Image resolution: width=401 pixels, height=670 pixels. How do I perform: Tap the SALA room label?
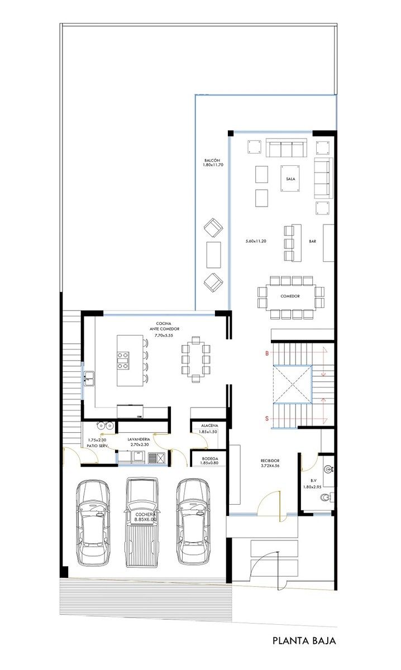click(x=290, y=179)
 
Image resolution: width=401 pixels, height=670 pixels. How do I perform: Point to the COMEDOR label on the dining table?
click(x=290, y=296)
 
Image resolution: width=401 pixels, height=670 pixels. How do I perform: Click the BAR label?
click(x=312, y=241)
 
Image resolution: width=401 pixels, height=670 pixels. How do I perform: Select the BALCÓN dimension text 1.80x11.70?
click(x=213, y=165)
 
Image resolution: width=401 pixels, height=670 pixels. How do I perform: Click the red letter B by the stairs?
click(x=267, y=353)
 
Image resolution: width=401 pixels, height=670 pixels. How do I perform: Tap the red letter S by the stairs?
click(x=267, y=418)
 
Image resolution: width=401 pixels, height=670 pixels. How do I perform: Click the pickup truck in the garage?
click(x=141, y=521)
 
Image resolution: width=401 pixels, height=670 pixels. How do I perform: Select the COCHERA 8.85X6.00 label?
click(x=145, y=517)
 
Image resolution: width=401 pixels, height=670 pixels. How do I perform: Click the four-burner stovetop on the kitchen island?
click(x=123, y=361)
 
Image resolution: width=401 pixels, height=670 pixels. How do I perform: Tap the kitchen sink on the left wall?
click(x=89, y=379)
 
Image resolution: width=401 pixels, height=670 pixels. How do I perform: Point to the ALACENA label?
click(x=209, y=425)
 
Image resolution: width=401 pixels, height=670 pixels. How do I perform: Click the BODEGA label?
click(x=210, y=458)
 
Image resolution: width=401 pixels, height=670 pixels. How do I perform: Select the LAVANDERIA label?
click(x=139, y=439)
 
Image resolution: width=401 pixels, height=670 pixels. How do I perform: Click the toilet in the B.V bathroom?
click(x=325, y=497)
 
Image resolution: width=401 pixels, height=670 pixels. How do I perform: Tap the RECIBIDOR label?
click(x=270, y=461)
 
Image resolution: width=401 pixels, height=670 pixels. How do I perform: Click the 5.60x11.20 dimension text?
click(x=256, y=241)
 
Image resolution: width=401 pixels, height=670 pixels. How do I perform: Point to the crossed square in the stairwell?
click(x=293, y=384)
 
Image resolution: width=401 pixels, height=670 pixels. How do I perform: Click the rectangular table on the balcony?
click(x=214, y=255)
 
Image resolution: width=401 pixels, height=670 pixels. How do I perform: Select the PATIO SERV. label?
click(x=97, y=446)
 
